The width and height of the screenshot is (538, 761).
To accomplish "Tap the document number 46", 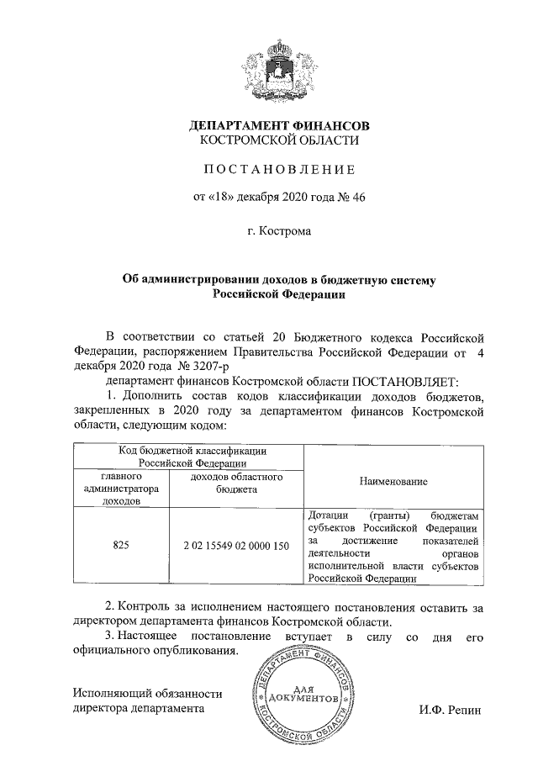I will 358,197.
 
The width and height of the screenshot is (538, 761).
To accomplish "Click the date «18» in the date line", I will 219,197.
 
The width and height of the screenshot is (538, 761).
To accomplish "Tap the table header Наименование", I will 393,482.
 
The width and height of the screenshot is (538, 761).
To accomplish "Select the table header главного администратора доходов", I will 121,488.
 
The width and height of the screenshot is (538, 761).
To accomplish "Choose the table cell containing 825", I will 121,546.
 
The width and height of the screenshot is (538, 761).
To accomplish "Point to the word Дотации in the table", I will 327,515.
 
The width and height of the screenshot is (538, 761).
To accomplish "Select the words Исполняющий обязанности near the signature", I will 147,694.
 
